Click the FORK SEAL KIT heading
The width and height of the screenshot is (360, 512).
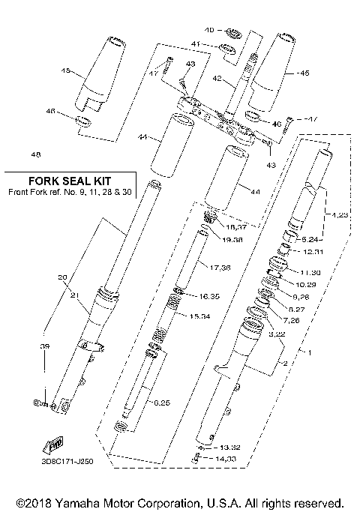[x=68, y=181]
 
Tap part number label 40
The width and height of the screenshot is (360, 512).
[x=210, y=30]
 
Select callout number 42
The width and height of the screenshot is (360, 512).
[x=216, y=77]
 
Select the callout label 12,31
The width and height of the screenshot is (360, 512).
[x=314, y=251]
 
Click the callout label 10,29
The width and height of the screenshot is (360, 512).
[x=306, y=286]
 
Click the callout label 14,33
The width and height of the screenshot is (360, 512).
[x=220, y=458]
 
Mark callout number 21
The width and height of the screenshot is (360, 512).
[x=73, y=295]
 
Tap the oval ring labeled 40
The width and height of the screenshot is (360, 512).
[x=232, y=33]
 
